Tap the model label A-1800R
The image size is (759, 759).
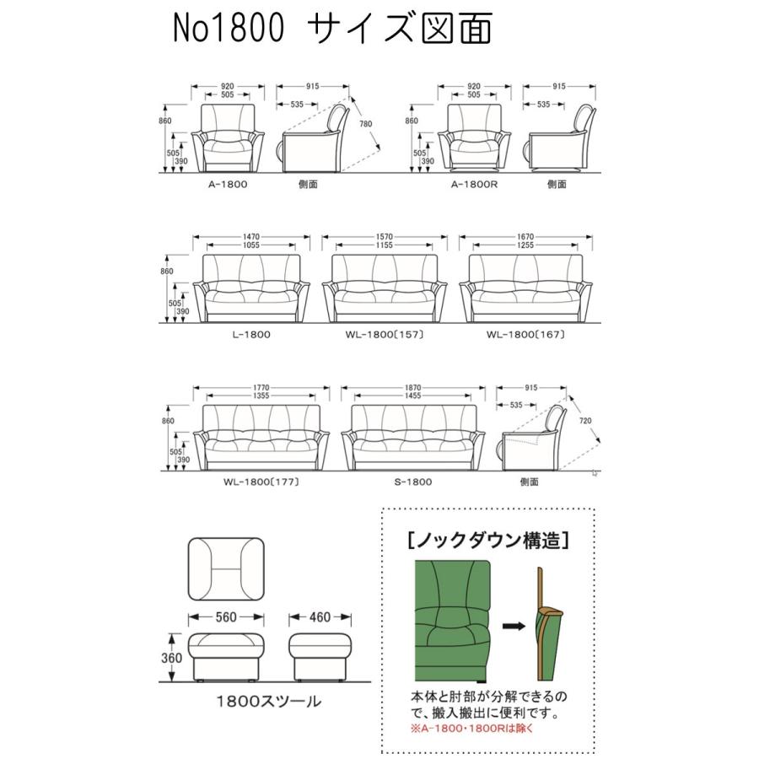tap(474, 183)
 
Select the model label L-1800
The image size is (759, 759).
tap(250, 335)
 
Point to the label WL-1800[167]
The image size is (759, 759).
tap(525, 335)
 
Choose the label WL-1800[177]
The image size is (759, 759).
tap(261, 482)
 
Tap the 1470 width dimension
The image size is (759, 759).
tap(250, 237)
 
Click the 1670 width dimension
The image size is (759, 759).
tap(525, 237)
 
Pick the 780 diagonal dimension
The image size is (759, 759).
tap(365, 124)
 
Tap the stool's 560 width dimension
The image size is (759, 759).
tap(225, 617)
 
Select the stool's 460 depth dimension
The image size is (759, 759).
tap(319, 617)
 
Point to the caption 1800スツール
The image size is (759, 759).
tap(257, 702)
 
